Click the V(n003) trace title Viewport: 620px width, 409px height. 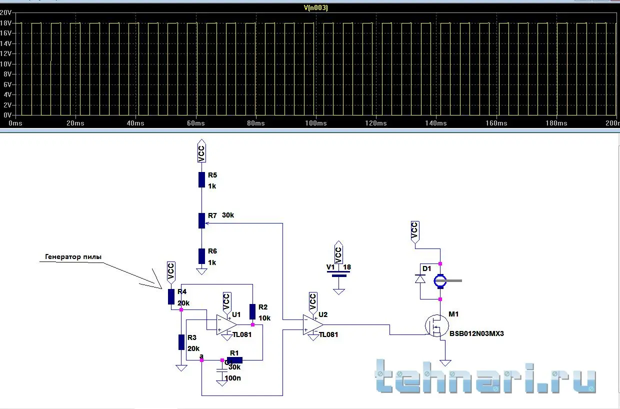(315, 7)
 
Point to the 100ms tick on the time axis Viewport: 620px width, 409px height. (316, 123)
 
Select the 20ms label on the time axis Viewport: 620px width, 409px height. (75, 123)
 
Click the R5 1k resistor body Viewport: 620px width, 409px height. (201, 180)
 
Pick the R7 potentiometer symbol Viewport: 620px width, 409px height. (201, 220)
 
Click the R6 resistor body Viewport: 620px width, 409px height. (201, 256)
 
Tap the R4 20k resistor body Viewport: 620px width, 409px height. (171, 296)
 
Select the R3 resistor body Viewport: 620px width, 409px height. (181, 342)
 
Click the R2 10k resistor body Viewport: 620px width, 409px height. (252, 311)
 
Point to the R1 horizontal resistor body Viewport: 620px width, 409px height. (234, 359)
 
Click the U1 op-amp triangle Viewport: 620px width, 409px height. (225, 324)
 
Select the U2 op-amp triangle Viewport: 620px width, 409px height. (312, 324)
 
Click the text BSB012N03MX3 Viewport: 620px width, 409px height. (476, 333)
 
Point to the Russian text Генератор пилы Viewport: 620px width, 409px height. (73, 256)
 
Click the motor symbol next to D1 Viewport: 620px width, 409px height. (440, 281)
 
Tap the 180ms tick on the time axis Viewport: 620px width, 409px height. (556, 123)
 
